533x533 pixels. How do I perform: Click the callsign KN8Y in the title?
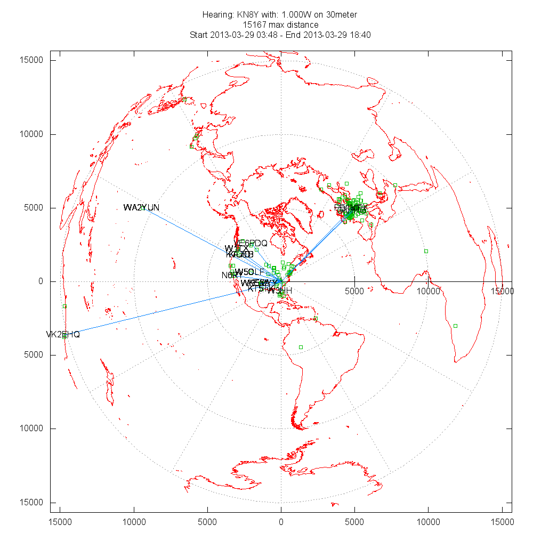coord(248,14)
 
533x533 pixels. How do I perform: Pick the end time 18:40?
coord(360,35)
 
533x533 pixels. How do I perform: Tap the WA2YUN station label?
coord(141,207)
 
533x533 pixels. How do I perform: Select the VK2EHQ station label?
coord(62,334)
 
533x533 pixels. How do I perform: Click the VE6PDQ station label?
coord(251,243)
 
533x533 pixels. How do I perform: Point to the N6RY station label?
coord(229,276)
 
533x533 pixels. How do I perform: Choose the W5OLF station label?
coord(249,272)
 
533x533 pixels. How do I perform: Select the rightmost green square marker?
coord(455,326)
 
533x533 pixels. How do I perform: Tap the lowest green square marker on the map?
coord(301,347)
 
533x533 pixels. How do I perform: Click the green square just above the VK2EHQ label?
coord(64,306)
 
